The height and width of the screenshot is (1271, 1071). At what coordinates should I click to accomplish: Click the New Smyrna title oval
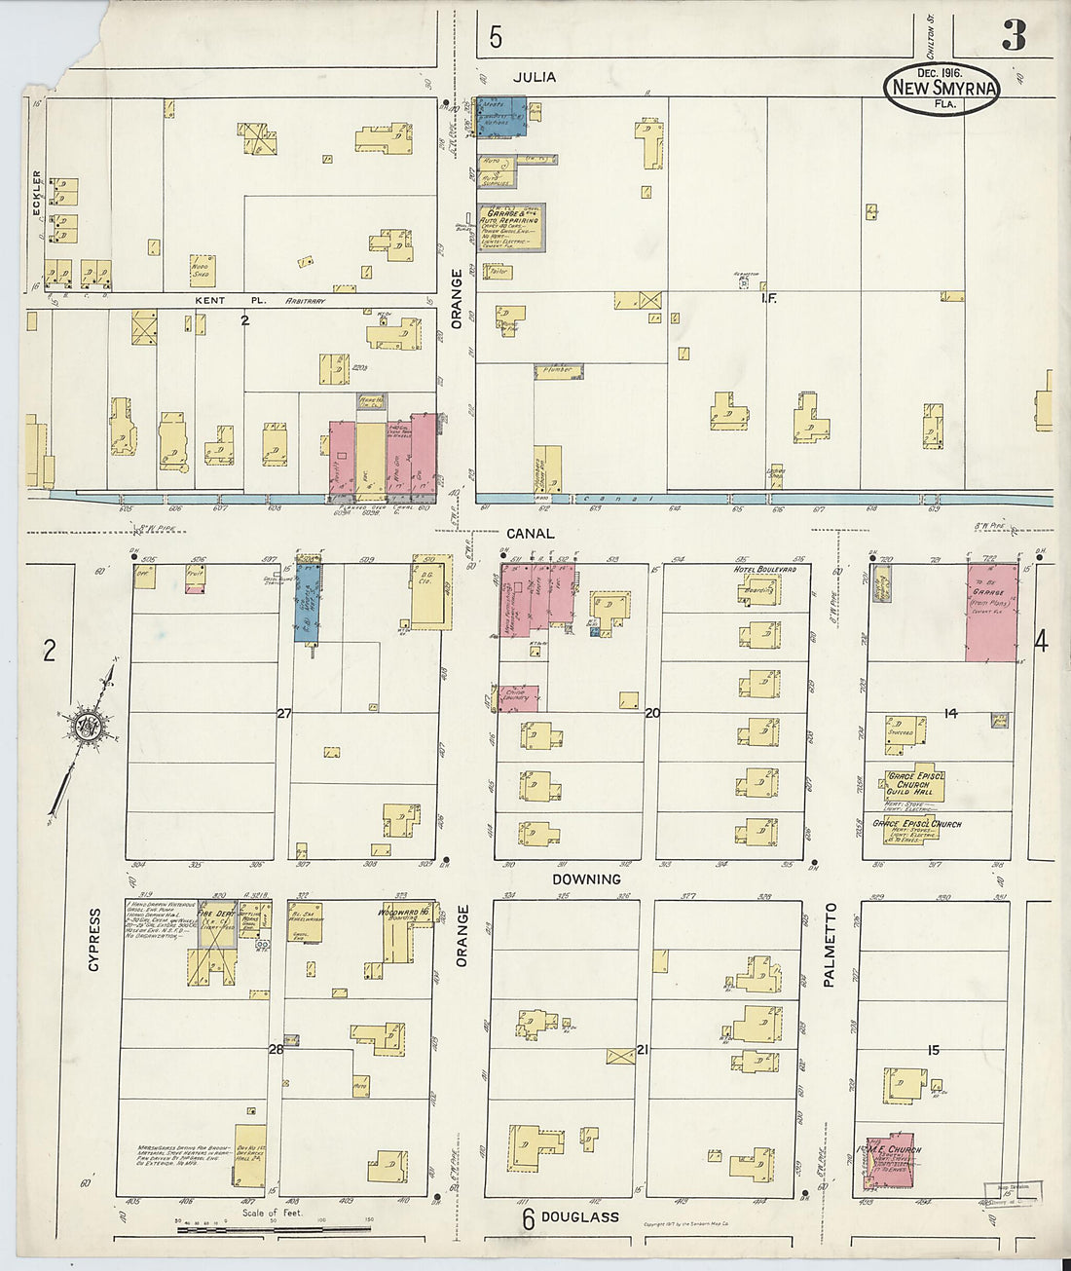click(x=942, y=89)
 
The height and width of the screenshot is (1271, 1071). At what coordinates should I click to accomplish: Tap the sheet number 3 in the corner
click(x=1013, y=35)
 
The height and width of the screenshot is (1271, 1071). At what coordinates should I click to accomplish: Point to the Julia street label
click(x=534, y=77)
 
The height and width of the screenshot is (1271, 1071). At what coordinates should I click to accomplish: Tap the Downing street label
click(x=586, y=878)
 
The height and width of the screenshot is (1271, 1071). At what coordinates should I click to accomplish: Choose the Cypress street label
click(x=94, y=940)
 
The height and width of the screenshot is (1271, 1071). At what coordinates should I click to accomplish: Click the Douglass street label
click(x=580, y=1216)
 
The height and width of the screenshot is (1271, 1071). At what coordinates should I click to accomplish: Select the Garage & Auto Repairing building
click(x=511, y=226)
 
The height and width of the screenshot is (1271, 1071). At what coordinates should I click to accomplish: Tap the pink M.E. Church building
click(x=889, y=1160)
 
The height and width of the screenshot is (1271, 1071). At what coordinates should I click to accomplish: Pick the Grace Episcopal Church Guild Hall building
click(x=908, y=783)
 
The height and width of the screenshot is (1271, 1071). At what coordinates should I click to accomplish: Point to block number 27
click(x=283, y=714)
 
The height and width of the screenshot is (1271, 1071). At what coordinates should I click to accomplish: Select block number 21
click(x=643, y=1049)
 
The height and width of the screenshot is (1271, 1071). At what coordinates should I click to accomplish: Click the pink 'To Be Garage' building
click(x=991, y=612)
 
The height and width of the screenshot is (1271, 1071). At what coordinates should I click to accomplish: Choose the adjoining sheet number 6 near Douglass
click(x=527, y=1217)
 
